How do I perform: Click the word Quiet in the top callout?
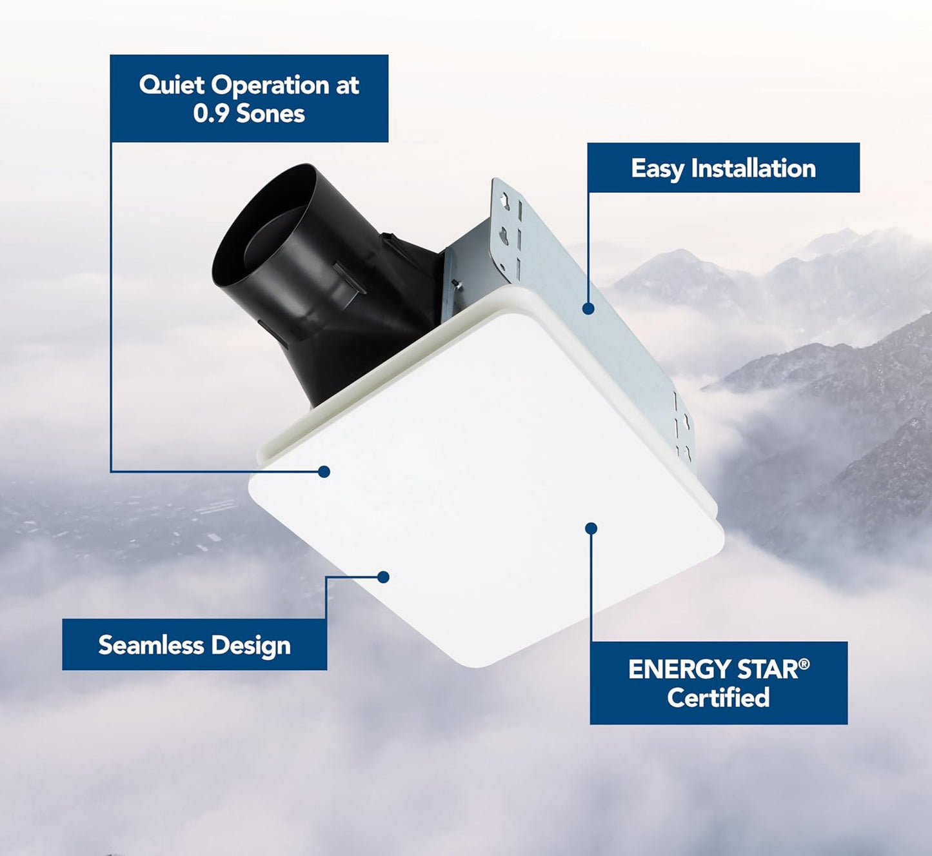172,85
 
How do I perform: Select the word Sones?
270,114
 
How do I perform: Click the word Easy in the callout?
657,169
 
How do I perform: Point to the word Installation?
753,168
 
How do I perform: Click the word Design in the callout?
251,646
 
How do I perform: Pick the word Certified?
719,698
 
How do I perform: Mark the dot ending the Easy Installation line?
588,309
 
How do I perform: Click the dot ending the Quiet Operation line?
324,472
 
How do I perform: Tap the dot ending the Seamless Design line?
383,577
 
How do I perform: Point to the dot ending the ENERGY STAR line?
591,528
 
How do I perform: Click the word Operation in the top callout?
270,86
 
